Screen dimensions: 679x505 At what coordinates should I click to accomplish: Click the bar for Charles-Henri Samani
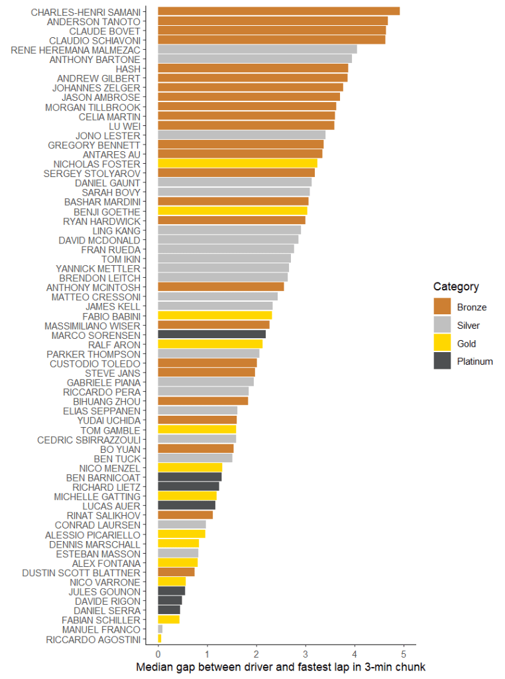[x=278, y=11]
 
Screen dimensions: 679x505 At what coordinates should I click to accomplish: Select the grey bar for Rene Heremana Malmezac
[x=257, y=50]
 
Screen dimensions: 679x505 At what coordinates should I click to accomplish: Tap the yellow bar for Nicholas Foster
[x=237, y=164]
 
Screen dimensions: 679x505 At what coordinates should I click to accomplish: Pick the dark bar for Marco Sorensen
[x=211, y=336]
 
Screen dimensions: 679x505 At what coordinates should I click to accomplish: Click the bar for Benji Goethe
[x=232, y=212]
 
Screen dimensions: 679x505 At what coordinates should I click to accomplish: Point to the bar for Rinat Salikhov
[x=185, y=515]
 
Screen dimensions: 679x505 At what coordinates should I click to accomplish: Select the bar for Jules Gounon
[x=171, y=591]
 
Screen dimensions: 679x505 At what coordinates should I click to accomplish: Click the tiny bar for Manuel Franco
[x=160, y=629]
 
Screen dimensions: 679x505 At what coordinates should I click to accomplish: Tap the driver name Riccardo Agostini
[x=93, y=639]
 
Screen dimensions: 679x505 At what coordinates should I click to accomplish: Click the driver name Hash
[x=128, y=68]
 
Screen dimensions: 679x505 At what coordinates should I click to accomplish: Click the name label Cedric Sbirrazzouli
[x=89, y=440]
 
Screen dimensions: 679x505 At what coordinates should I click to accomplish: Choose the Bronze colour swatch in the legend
[x=442, y=306]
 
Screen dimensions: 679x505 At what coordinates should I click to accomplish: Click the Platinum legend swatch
[x=442, y=361]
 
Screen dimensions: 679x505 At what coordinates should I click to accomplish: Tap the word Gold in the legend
[x=466, y=343]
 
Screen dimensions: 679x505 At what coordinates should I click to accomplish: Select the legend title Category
[x=456, y=287]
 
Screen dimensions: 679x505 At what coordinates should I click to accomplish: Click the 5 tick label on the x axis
[x=404, y=651]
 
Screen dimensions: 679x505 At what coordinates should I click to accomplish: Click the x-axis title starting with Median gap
[x=280, y=666]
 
